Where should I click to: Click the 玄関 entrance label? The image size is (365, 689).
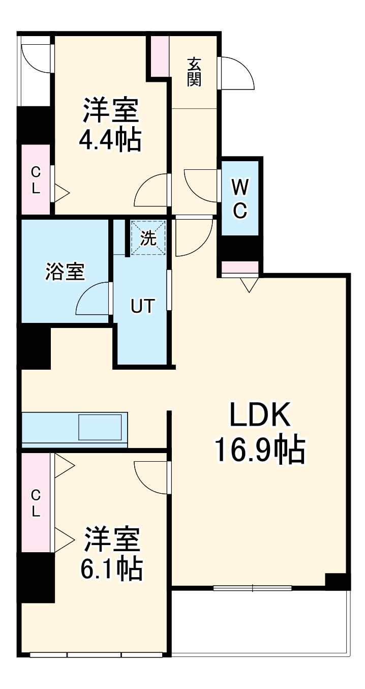[194, 72]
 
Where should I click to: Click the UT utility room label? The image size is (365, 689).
[142, 306]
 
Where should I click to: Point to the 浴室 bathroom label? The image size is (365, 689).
[65, 272]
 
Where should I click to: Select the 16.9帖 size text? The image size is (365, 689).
[260, 450]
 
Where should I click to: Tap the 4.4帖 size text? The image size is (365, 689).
[110, 139]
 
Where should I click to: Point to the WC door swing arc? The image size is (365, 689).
[199, 186]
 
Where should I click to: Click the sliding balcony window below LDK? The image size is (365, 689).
[253, 588]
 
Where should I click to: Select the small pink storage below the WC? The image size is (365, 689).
[240, 267]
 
